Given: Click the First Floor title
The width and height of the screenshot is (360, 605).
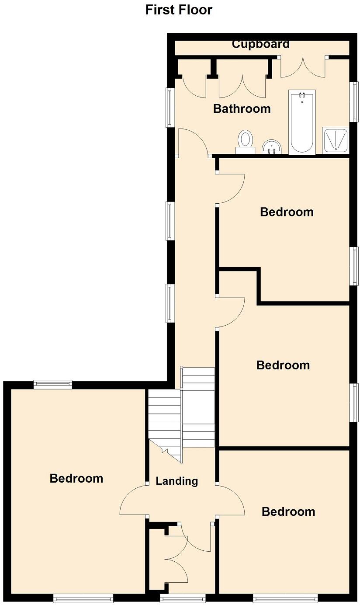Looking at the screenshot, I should (179, 10).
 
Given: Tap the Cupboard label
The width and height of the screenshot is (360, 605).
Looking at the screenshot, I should (260, 44).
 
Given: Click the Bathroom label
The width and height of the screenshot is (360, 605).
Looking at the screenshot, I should (242, 108).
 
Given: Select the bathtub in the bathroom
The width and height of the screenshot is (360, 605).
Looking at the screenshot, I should (301, 122).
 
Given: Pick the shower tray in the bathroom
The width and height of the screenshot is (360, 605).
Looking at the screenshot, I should (336, 140).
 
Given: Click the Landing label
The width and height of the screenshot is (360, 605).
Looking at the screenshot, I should (177, 481).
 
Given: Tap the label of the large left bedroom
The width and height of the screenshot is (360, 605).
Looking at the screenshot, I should (76, 478).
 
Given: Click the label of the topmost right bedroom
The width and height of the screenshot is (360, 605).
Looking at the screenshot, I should (287, 212).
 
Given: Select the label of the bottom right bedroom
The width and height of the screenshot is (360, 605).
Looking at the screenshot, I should (288, 511).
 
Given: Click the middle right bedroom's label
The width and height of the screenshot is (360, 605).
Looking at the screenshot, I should (283, 365).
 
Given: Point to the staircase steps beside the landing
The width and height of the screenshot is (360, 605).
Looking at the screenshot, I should (181, 415).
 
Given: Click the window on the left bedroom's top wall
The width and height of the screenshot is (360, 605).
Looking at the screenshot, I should (53, 384).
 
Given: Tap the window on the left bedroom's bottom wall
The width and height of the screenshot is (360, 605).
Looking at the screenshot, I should (83, 598).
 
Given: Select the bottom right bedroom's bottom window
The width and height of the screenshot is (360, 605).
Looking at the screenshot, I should (285, 598).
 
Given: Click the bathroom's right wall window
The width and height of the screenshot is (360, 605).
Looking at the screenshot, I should (353, 101).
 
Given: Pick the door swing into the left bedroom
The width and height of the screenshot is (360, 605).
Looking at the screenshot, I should (133, 501).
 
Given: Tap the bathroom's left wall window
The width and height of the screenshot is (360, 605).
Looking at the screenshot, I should (170, 108).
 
